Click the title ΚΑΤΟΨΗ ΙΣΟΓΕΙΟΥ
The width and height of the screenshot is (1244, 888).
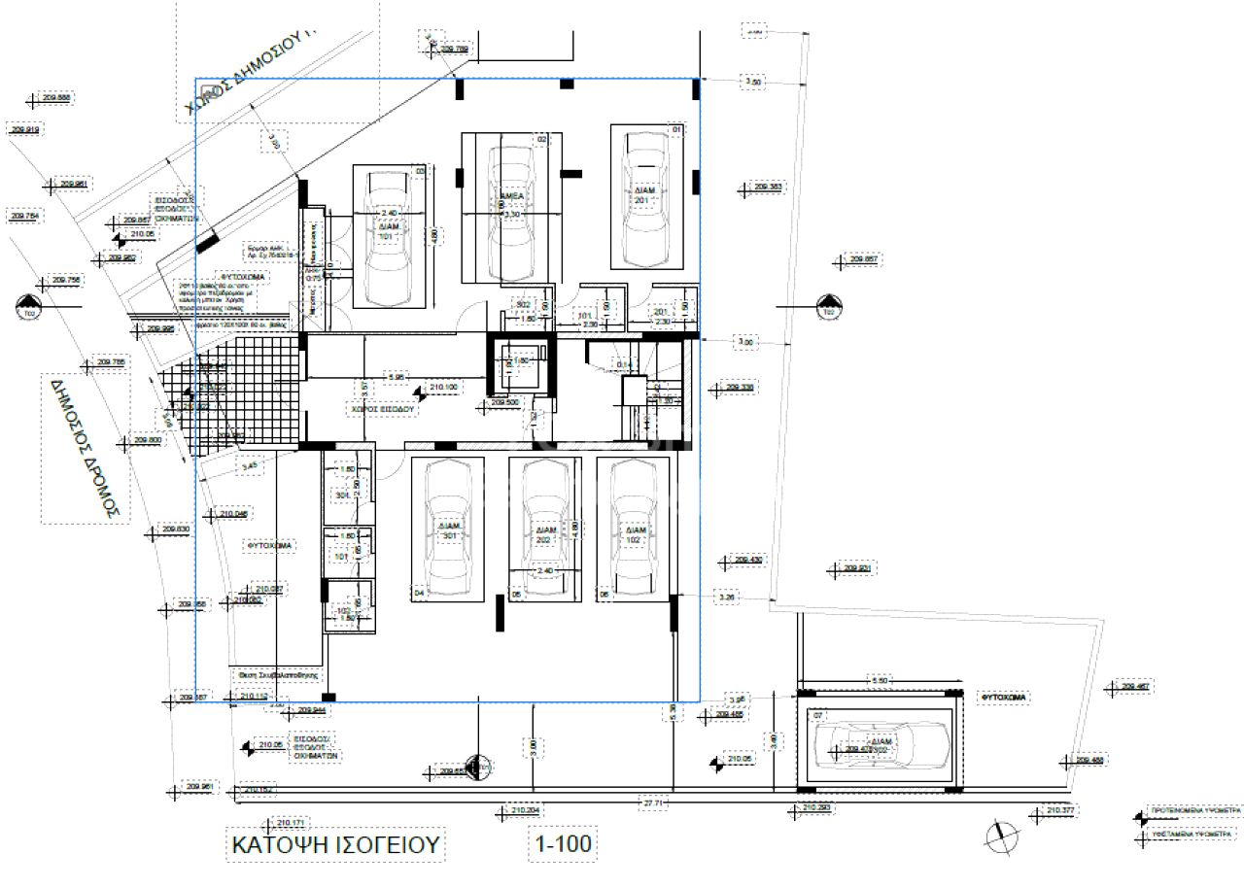pos(335,843)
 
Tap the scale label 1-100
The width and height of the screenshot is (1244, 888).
pos(561,843)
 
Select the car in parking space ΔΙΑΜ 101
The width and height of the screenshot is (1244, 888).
pos(386,237)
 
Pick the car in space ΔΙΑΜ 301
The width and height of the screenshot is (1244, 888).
pos(448,530)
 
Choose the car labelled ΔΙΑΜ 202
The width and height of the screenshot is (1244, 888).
pos(544,530)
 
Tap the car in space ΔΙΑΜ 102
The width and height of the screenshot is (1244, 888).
pos(632,530)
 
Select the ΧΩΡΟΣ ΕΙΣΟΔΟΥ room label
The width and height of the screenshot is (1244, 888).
pos(383,410)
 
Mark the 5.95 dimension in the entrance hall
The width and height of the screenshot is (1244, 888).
pos(396,375)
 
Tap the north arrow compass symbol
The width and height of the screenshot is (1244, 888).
pos(997,834)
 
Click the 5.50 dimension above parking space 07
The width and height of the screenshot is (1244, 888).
pos(880,681)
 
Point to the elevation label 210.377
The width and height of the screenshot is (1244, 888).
pos(1059,809)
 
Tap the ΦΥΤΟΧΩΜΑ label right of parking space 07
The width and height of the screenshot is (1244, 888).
pos(1004,698)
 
